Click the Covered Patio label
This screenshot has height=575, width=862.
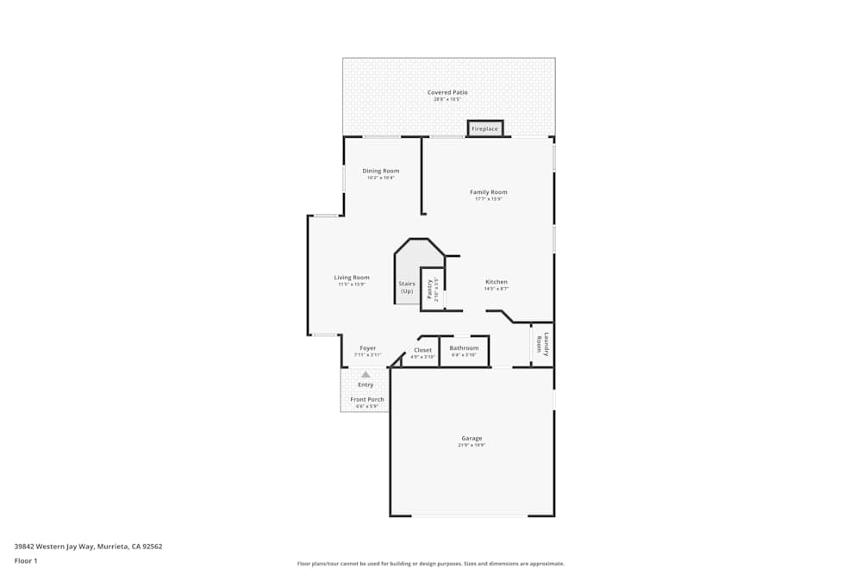(447, 92)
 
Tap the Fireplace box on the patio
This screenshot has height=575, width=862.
(484, 128)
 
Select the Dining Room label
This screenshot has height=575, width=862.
(380, 171)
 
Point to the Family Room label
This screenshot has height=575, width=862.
(488, 191)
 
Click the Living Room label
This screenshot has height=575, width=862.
(352, 277)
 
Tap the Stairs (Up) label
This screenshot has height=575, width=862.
(407, 287)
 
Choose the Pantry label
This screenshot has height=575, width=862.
(428, 289)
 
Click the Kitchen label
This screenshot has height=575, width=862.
(497, 282)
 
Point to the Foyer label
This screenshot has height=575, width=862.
(368, 348)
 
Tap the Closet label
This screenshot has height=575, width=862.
(422, 350)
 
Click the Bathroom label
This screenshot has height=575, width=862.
(464, 348)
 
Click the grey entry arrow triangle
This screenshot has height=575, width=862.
(365, 374)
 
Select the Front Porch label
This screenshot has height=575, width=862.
(367, 399)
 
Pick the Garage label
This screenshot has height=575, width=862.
(472, 438)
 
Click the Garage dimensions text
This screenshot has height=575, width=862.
(472, 446)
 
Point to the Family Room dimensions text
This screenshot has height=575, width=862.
(488, 199)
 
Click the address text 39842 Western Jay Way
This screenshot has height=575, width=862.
(88, 546)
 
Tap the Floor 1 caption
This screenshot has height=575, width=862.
(26, 560)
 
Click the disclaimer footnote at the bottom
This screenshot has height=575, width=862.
(431, 564)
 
